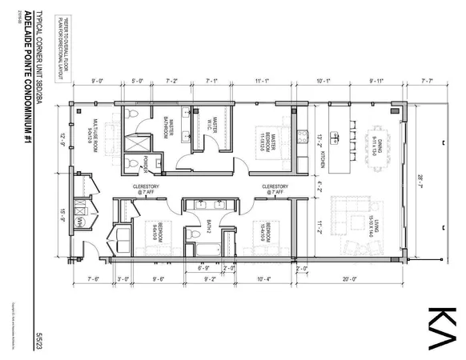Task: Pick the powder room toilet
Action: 134,163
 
